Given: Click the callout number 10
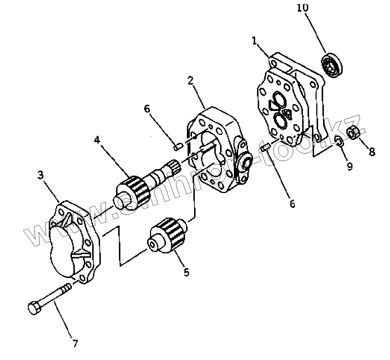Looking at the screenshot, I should [303, 8].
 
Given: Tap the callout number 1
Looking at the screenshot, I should [254, 40].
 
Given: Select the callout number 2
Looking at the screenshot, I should [190, 81].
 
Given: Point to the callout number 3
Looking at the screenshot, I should [40, 175].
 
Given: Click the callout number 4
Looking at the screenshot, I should [97, 140].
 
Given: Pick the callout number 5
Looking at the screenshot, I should [186, 272].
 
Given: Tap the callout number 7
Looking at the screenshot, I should [75, 343].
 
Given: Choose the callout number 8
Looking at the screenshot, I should [372, 152].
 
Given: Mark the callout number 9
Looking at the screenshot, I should [349, 167].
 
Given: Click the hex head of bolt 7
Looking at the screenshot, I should [33, 308].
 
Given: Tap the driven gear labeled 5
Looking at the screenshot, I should [168, 235].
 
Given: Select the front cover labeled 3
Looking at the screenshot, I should [74, 242].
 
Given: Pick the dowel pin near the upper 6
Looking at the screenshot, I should [177, 147].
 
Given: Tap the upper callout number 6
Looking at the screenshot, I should [147, 109].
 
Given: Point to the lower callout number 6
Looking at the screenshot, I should [292, 204].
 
